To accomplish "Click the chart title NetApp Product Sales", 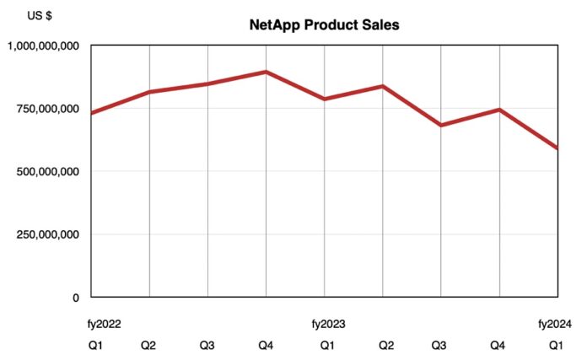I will tap(324, 25).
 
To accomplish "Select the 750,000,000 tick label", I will tap(48, 109).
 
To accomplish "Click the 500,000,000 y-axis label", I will tap(48, 171).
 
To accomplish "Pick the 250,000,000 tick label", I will tap(48, 234).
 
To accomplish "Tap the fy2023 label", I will tap(329, 323).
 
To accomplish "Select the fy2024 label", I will tap(556, 323).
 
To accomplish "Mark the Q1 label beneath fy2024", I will tap(557, 345).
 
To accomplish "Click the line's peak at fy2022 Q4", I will tap(267, 72).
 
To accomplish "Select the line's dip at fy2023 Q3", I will tap(441, 125).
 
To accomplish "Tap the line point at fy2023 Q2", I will tap(383, 86).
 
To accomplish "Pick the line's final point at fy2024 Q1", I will tap(557, 148).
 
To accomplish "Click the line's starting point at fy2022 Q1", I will tap(92, 113).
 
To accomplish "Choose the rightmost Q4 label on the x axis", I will tap(499, 345).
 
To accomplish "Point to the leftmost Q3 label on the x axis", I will tap(207, 345).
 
